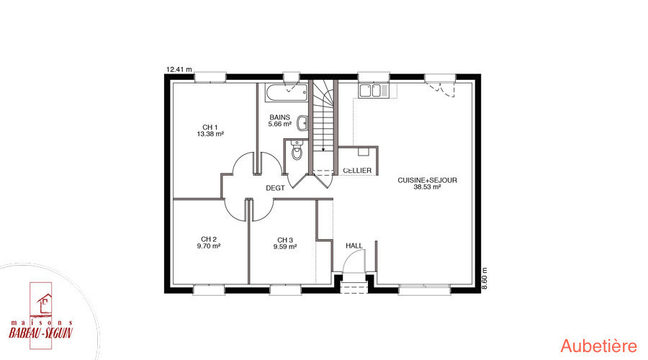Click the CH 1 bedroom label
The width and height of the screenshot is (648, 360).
[x=210, y=127]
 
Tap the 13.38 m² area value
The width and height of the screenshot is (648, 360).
[x=210, y=134]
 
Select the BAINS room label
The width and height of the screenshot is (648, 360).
[x=280, y=117]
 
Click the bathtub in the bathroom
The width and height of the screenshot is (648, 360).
[x=287, y=93]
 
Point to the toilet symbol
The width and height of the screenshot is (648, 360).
[x=297, y=150]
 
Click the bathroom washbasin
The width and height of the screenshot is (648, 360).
[x=303, y=122]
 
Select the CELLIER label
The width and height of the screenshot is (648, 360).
[x=357, y=171]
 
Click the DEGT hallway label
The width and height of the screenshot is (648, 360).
[x=275, y=188]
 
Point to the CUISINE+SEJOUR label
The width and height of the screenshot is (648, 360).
[x=427, y=180]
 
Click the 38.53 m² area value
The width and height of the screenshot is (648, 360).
[x=427, y=186]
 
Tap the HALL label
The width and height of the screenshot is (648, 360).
[x=354, y=246]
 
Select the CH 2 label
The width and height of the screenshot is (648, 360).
[x=209, y=239]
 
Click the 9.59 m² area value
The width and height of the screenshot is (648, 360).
[x=285, y=247]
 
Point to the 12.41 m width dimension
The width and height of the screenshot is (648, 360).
[x=179, y=69]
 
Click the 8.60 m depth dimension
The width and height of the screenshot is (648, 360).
[x=485, y=278]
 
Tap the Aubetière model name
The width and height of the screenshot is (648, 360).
[x=599, y=346]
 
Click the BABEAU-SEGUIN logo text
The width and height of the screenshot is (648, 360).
[x=41, y=333]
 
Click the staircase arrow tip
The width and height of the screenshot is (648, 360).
[x=323, y=149]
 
